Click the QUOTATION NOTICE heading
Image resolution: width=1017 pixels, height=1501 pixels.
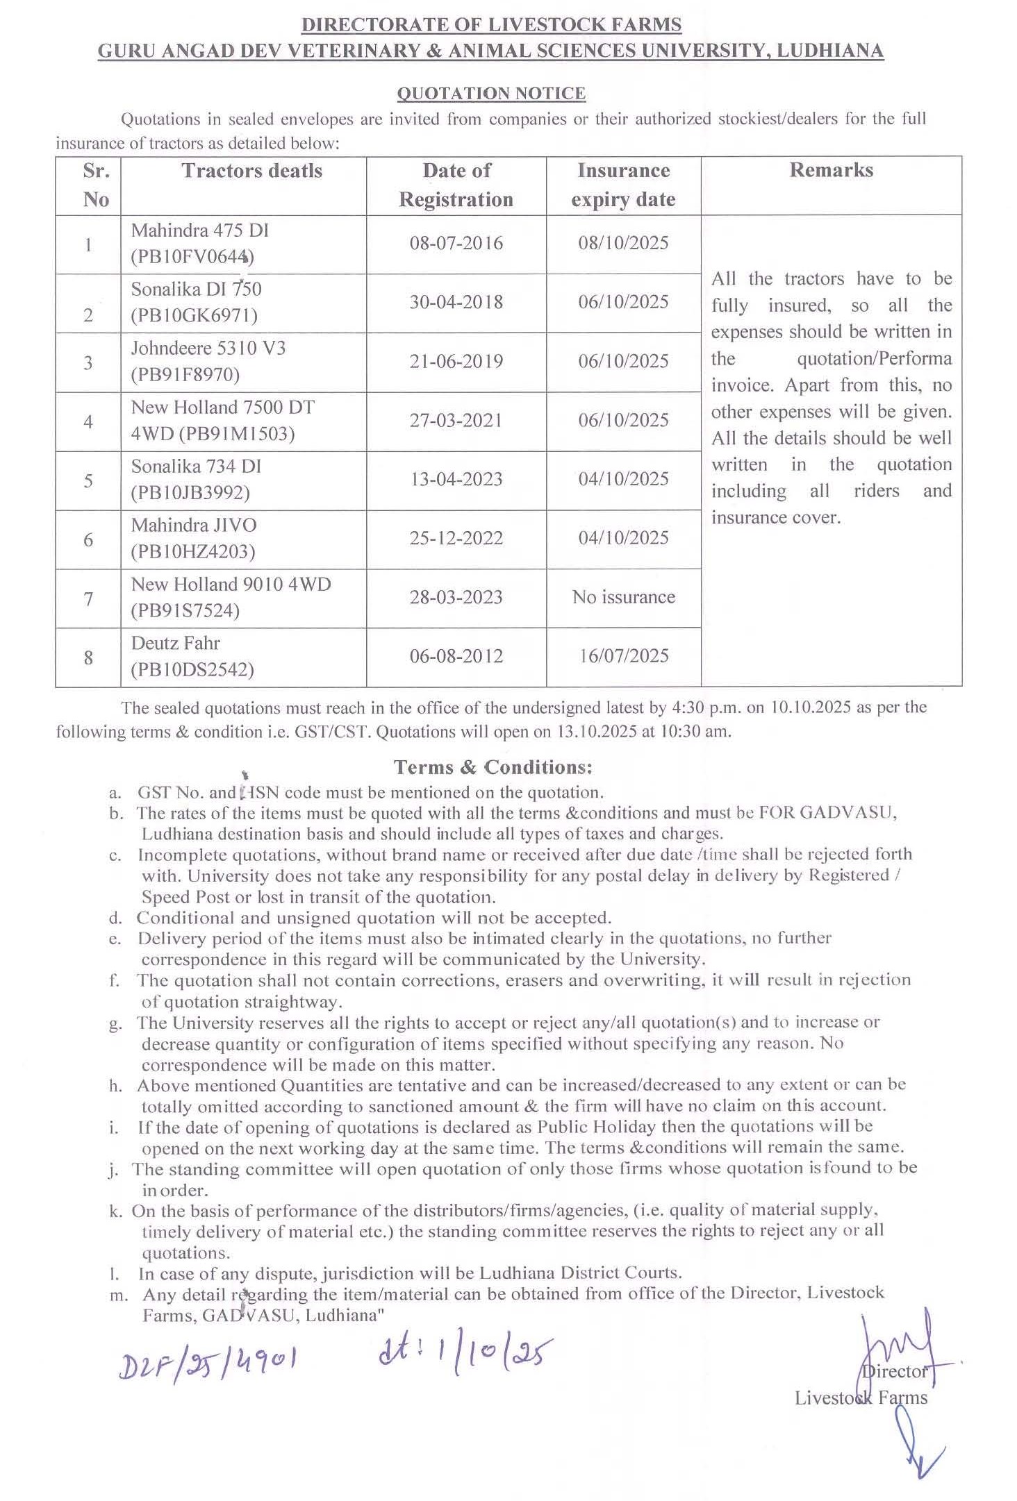pos(491,93)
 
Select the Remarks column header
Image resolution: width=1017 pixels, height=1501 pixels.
pos(831,171)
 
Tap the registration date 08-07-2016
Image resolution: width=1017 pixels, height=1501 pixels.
pos(456,243)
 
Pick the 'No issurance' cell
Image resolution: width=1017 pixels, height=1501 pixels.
pos(623,597)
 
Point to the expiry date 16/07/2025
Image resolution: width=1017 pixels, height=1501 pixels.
pos(623,656)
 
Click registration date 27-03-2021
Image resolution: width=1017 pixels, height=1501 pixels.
pos(456,420)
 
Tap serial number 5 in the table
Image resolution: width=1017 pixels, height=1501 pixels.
pos(88,480)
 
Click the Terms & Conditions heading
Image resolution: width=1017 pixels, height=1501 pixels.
pos(493,767)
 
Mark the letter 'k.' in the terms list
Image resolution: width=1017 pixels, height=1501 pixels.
pos(116,1211)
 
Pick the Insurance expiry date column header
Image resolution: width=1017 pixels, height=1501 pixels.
pos(623,185)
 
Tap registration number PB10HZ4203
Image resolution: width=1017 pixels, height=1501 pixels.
pos(193,552)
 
